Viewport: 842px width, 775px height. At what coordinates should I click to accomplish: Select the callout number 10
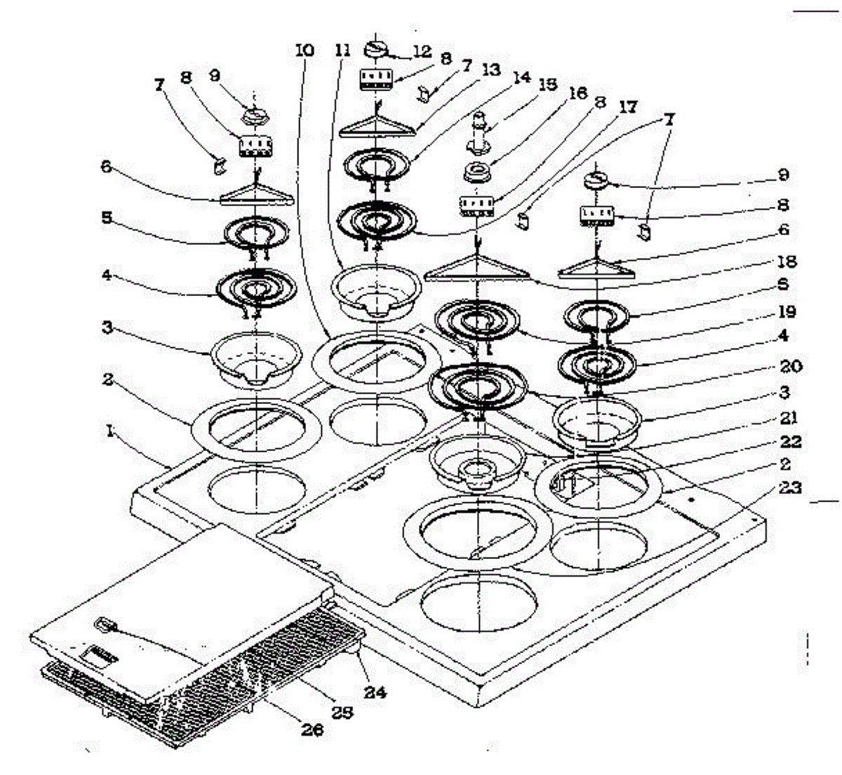[x=305, y=51]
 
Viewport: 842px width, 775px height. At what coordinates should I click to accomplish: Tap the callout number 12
[x=421, y=51]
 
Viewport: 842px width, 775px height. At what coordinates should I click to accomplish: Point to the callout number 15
[x=548, y=84]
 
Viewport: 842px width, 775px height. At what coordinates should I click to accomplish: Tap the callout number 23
[x=784, y=487]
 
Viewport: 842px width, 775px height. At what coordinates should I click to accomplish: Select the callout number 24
[x=376, y=693]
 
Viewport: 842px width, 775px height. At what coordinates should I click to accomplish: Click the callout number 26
[x=312, y=730]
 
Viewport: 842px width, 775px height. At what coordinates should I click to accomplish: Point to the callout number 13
[x=491, y=70]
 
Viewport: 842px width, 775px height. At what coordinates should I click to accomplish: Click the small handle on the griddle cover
[x=105, y=623]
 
